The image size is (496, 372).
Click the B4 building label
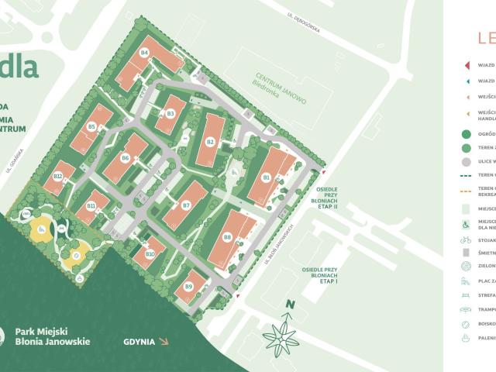coord(144,53)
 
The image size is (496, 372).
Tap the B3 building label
coord(170,114)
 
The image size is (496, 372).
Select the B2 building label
coord(210,142)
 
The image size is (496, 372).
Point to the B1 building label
coord(266,177)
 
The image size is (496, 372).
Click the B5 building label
coord(91,126)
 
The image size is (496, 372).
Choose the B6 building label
coord(126,157)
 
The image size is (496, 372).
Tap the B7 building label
coord(186,205)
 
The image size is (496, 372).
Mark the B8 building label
coord(227,236)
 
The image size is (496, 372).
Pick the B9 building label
coord(188,287)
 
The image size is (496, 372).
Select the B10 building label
coord(150,253)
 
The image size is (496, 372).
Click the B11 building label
coord(91,205)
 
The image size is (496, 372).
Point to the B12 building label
coord(58,176)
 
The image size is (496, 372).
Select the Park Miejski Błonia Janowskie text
coord(52,336)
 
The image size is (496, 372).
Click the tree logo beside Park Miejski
coord(6,336)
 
